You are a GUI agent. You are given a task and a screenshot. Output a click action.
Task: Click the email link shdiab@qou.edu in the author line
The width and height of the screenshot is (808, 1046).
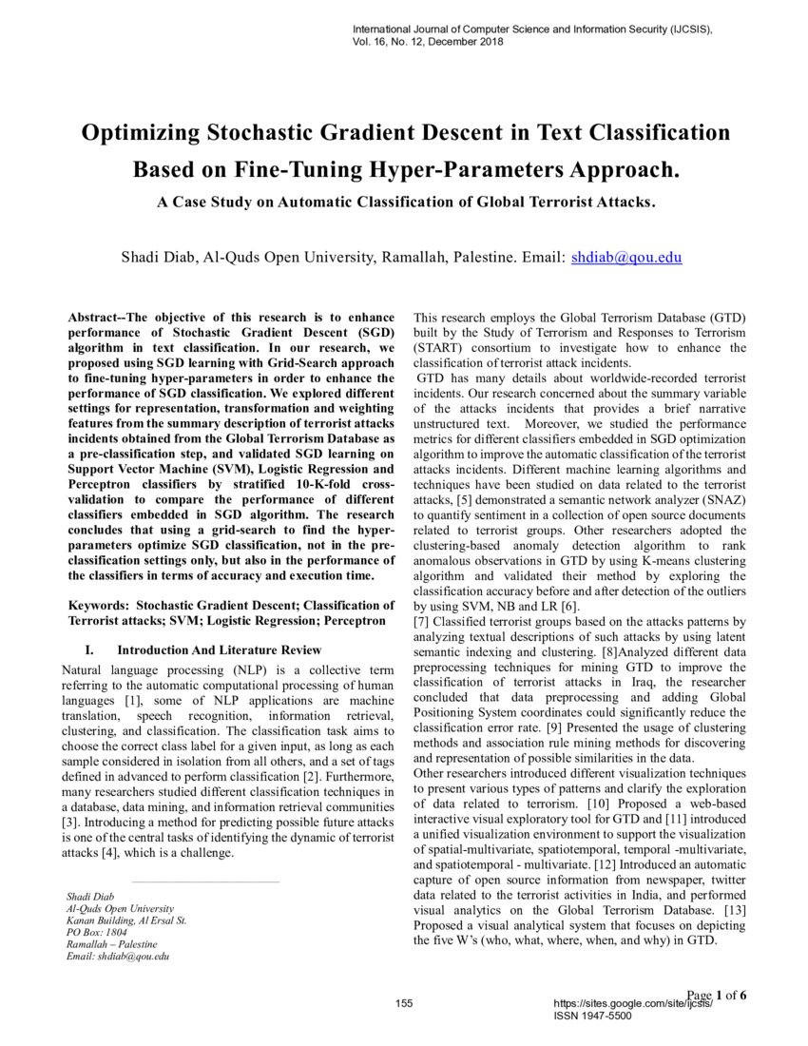tap(625, 257)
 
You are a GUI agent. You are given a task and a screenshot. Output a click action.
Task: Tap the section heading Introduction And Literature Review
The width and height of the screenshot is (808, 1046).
tap(218, 649)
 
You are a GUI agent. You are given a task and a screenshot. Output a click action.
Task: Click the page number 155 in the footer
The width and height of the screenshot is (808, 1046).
tap(403, 1004)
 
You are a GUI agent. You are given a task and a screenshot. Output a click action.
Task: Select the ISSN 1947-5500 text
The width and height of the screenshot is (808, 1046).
tap(591, 1016)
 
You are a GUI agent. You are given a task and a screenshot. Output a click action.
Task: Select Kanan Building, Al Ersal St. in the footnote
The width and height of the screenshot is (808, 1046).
tap(126, 920)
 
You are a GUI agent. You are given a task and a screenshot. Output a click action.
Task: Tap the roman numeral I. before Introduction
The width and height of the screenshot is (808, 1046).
tap(89, 649)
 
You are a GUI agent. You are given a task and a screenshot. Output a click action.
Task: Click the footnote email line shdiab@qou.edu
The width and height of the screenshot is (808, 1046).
tap(118, 957)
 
